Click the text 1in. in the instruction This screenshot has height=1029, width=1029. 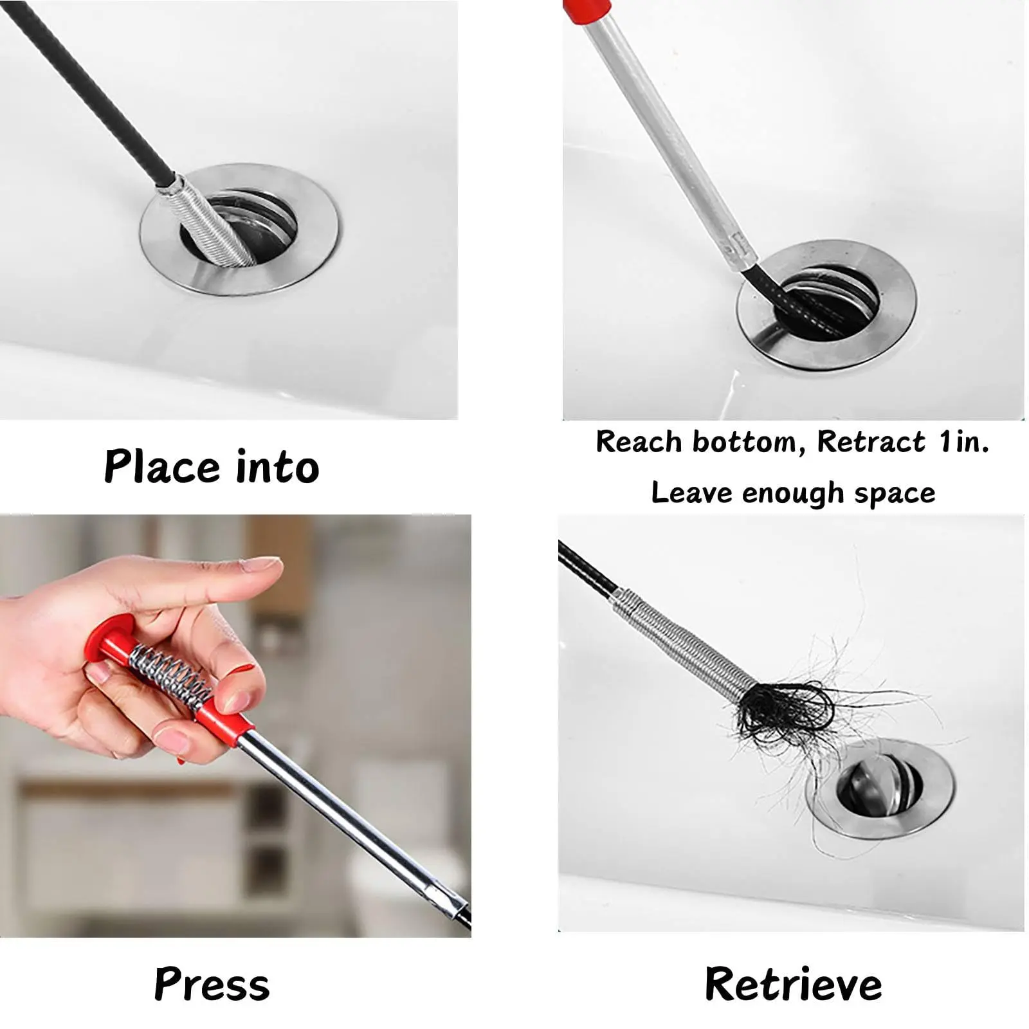[963, 442]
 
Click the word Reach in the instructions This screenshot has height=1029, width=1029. [639, 442]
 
